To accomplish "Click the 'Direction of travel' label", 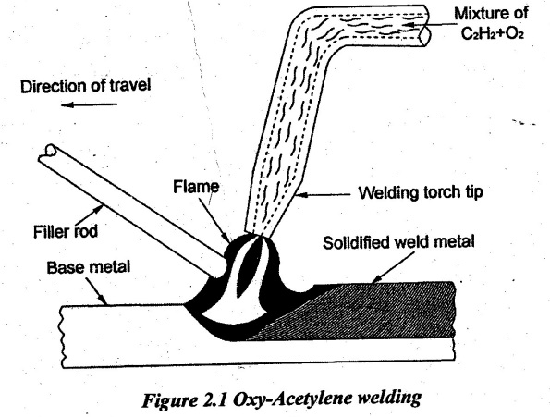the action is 86,86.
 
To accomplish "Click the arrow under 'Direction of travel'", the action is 89,104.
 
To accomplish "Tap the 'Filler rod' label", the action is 66,231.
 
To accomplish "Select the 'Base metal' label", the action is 89,267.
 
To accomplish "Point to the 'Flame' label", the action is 196,187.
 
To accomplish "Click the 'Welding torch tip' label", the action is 421,192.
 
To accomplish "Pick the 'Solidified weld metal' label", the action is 398,242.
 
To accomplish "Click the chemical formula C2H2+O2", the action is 492,33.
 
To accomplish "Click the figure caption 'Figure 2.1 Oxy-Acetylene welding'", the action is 282,399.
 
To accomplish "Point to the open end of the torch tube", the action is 424,35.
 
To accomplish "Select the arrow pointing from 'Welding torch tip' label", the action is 323,195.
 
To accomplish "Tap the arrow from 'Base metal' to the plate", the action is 96,290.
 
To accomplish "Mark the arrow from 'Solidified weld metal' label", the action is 391,267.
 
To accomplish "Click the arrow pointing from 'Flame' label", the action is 214,221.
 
